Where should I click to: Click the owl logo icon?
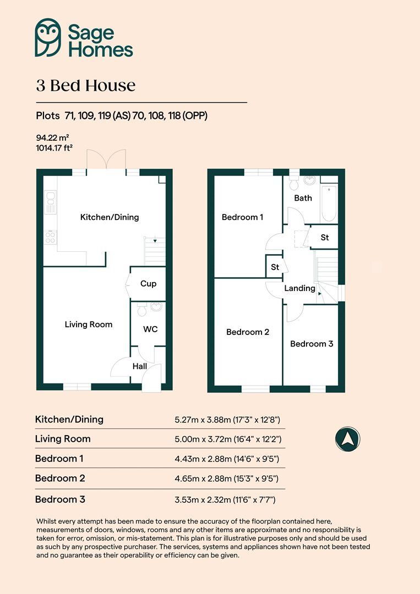click(48, 37)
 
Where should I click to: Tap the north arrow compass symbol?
click(347, 439)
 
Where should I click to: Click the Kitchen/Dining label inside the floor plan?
click(110, 217)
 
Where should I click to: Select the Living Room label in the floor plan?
click(89, 324)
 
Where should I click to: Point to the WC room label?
click(150, 329)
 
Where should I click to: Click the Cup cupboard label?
click(149, 284)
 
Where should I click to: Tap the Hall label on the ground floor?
click(139, 366)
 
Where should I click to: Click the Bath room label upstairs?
click(303, 198)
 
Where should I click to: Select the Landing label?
click(299, 288)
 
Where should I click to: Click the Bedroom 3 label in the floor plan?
click(312, 344)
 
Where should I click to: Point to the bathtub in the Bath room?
click(329, 204)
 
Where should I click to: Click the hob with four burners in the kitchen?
click(50, 237)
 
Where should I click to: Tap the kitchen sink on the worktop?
click(50, 201)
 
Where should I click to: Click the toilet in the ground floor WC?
click(141, 311)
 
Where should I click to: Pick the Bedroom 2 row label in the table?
click(60, 479)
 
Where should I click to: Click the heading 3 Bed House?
click(86, 86)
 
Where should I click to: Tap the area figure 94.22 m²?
click(52, 138)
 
